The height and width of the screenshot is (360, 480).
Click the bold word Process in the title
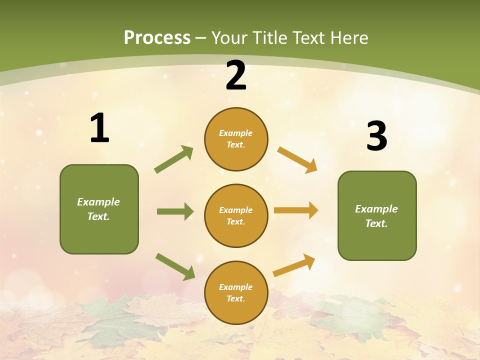[157, 38]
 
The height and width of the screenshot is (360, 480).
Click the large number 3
[376, 136]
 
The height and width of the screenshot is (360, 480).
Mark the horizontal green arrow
[175, 211]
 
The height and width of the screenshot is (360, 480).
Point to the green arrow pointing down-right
[175, 266]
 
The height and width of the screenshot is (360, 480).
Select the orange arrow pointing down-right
[297, 160]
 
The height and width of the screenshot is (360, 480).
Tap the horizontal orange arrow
[296, 210]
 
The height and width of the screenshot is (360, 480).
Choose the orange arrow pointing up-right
[294, 265]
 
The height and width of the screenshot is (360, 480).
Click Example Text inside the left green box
[98, 209]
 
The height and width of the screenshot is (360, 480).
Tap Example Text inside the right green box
[376, 216]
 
